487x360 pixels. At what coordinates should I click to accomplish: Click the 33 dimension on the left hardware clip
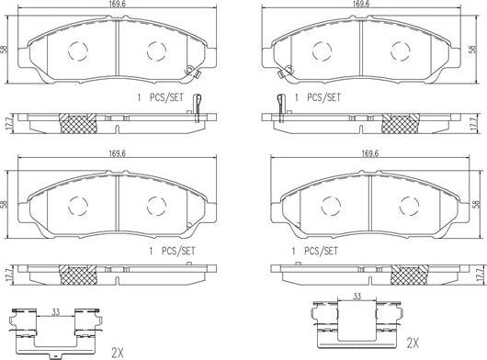pyautogui.click(x=55, y=312)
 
